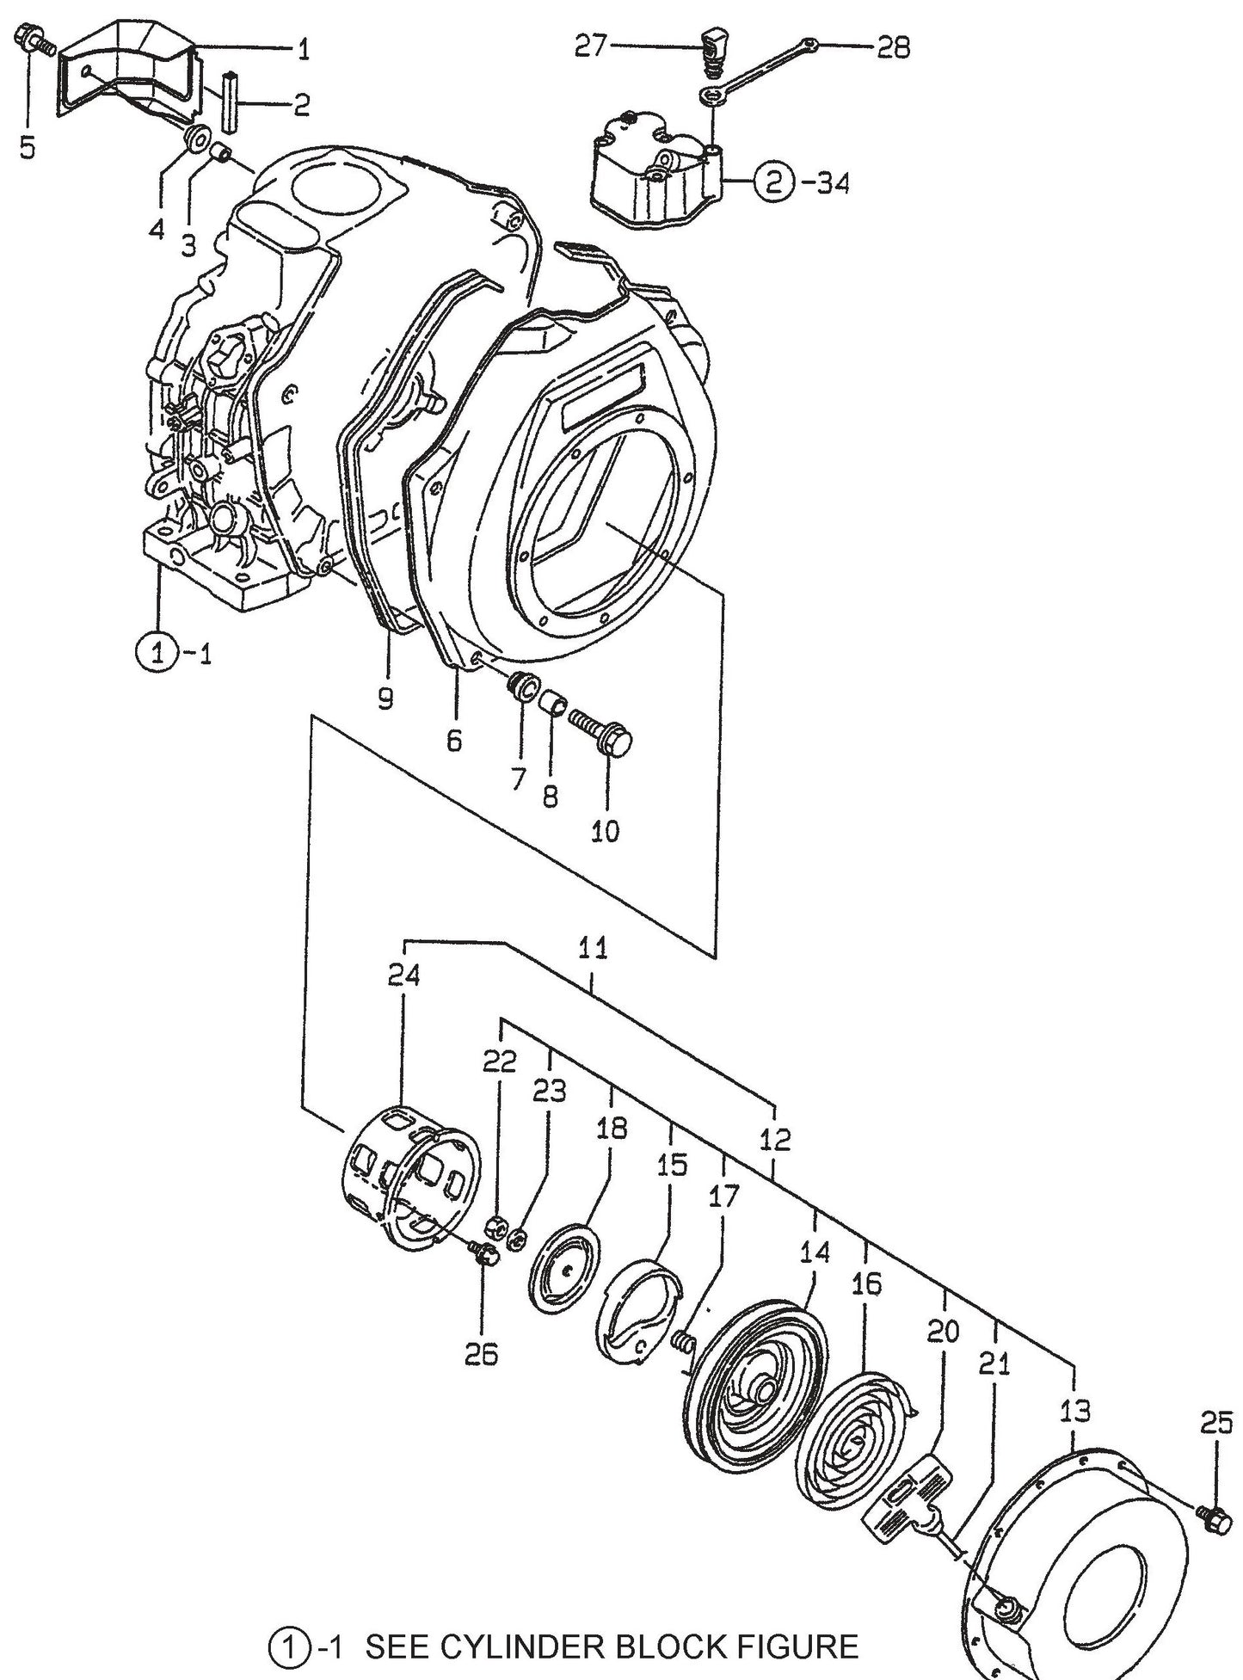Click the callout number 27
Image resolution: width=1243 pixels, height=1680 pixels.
(x=591, y=46)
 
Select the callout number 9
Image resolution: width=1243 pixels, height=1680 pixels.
(x=385, y=698)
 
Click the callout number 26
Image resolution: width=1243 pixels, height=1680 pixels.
(x=481, y=1355)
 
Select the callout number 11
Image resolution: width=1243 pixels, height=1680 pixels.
(x=594, y=948)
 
